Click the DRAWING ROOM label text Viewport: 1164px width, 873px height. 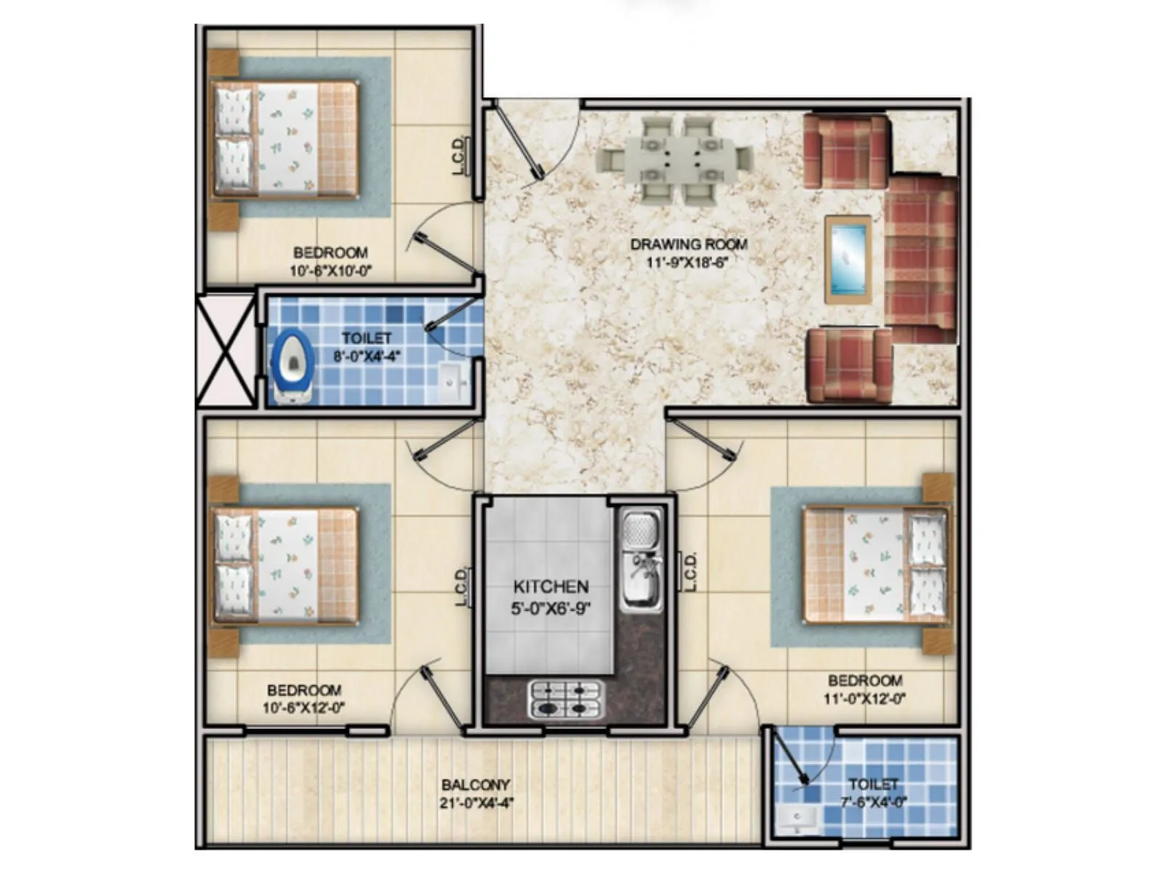(x=688, y=244)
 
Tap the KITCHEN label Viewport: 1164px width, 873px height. (x=551, y=586)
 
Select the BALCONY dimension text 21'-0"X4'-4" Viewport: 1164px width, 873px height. (x=477, y=803)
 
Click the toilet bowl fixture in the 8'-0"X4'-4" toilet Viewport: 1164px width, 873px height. (x=292, y=364)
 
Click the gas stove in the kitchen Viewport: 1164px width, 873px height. (x=567, y=699)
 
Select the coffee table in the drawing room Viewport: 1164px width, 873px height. (x=848, y=259)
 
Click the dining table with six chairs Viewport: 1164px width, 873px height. (x=674, y=159)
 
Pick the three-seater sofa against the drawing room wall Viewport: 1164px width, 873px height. (x=920, y=259)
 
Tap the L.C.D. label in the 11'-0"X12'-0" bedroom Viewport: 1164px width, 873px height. (x=690, y=571)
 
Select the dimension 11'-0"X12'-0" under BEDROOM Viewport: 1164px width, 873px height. (x=864, y=700)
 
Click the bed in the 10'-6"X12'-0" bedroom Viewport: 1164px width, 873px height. (x=285, y=567)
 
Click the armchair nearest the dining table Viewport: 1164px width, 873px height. (x=846, y=151)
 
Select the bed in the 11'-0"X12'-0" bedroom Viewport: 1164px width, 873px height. (x=876, y=566)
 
